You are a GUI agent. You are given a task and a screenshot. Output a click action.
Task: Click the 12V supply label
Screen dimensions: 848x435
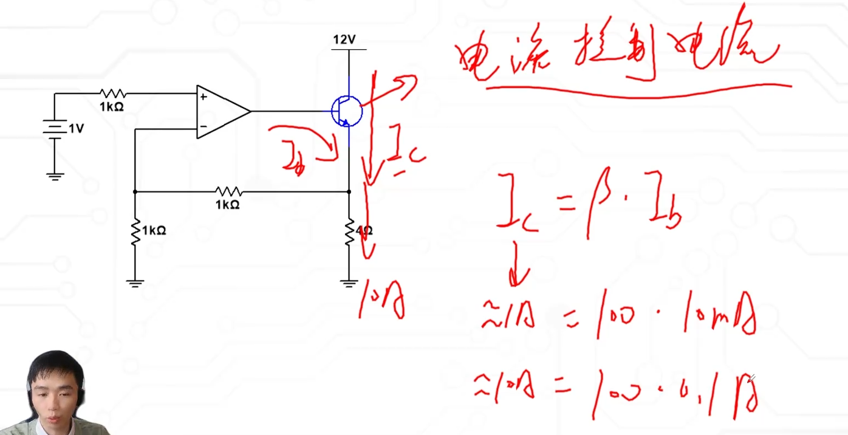point(344,40)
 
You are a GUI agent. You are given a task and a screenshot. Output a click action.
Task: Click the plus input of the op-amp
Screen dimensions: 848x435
point(203,96)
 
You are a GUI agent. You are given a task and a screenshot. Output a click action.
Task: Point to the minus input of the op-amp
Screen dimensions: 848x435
point(203,127)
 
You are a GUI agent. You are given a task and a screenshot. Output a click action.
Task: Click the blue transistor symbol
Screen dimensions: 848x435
point(346,111)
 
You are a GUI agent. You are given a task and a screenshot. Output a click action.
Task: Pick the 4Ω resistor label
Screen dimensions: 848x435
point(364,231)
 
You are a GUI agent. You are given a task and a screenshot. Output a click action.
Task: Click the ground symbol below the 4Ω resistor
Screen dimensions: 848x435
point(349,283)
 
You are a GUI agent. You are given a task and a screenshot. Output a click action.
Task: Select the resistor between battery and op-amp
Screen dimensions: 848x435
point(112,94)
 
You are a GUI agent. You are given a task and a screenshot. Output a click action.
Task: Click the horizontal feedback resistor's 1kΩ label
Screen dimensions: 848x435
point(227,205)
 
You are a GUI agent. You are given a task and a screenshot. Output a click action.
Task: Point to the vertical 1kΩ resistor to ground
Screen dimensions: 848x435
point(135,231)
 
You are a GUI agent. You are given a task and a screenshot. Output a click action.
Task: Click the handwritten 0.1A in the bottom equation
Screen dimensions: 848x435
point(726,392)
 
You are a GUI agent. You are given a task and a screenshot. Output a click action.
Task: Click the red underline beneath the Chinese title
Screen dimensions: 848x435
point(638,91)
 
